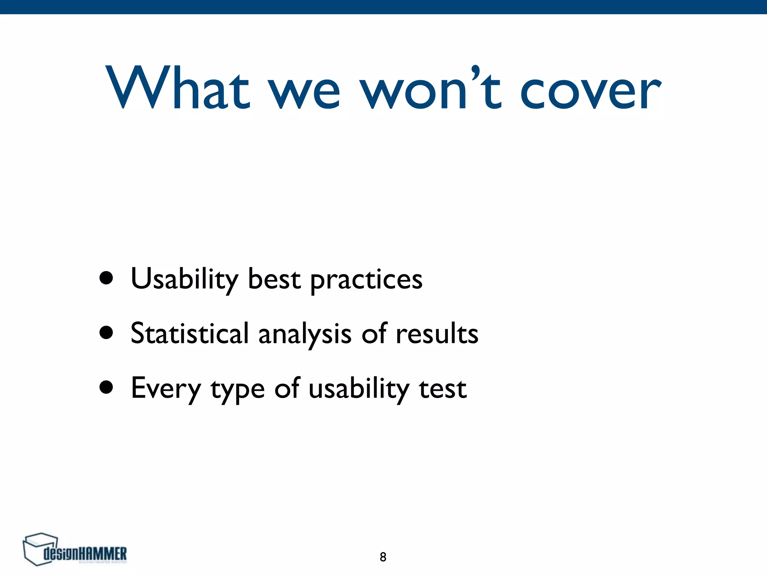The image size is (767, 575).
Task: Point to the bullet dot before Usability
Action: (106, 278)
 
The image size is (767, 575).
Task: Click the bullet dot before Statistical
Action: (106, 333)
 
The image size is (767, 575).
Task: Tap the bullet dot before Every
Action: (106, 388)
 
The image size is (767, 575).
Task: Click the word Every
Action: (166, 389)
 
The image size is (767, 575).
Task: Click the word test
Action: (443, 389)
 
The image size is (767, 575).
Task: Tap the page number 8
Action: (383, 557)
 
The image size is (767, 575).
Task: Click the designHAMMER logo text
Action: (85, 554)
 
